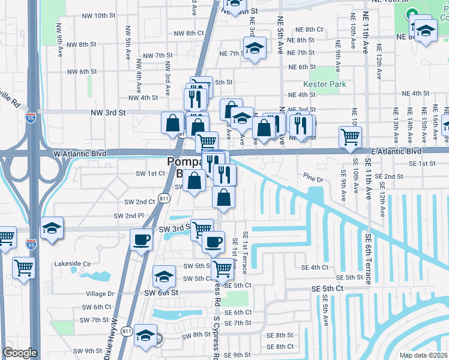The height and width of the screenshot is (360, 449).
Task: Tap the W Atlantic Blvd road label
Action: tap(80, 154)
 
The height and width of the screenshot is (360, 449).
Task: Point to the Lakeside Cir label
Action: tap(71, 263)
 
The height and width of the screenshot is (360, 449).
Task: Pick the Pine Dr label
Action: tap(313, 179)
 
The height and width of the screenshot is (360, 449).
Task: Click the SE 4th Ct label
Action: tap(315, 268)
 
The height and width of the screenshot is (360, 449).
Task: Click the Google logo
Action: tap(20, 353)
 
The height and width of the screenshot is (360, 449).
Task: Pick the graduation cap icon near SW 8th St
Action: tap(145, 336)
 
